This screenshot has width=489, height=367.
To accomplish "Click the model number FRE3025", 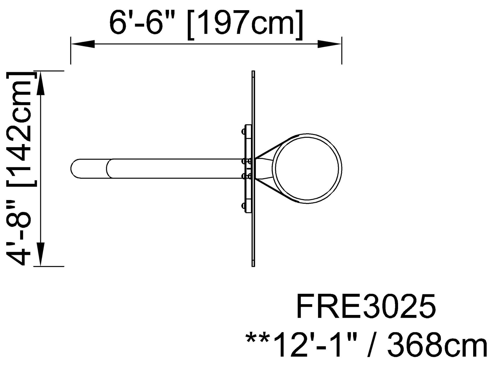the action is (x=366, y=307).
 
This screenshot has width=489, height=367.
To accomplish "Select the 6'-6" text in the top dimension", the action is (x=144, y=21).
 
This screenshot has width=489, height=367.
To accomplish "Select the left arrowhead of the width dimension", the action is (x=83, y=44).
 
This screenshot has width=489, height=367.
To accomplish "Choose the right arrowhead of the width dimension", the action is (x=330, y=44).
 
